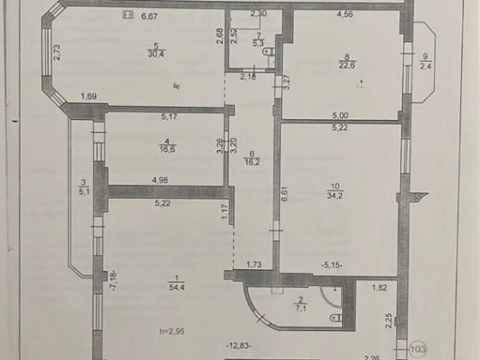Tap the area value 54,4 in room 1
177,286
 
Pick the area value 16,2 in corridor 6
251,159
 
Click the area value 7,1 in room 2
300,310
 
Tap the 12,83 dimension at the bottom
239,345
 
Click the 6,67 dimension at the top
149,15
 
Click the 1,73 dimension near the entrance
254,267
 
